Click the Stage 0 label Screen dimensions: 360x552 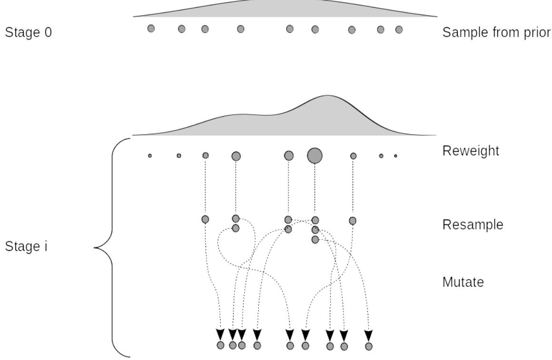28,33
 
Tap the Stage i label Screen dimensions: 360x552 26,247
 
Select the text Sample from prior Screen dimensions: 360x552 496,33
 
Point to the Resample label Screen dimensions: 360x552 473,225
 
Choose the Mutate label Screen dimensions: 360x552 463,282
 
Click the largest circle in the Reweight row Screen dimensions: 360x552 315,155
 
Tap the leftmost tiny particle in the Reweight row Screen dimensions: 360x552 150,156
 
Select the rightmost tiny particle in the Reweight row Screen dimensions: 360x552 395,156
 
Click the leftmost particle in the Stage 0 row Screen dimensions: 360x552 151,29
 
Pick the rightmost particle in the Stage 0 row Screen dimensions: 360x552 399,30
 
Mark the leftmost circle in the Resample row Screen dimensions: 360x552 205,219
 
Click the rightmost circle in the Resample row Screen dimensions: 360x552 353,220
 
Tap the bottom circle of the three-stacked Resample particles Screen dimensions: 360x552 315,240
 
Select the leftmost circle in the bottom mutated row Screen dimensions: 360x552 220,345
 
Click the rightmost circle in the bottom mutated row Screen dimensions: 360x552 368,346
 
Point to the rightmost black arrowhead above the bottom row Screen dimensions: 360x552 368,335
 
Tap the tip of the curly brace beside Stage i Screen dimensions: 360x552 95,248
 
